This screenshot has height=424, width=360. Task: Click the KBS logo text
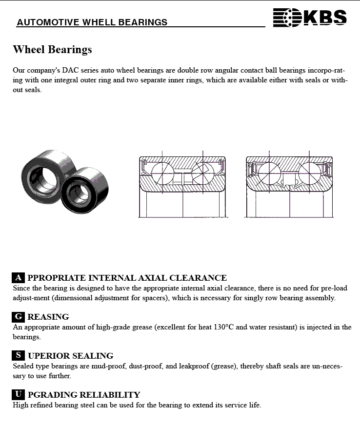pos(325,18)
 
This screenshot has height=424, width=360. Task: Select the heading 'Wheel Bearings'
pos(52,50)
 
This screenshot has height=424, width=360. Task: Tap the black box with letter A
pos(18,278)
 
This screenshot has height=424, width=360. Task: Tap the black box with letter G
pos(18,317)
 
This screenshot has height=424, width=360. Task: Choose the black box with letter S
pos(18,356)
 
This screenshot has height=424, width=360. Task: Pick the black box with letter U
pos(18,395)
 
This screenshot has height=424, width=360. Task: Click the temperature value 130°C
pos(225,327)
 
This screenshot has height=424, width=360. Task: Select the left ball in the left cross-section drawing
pos(162,173)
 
